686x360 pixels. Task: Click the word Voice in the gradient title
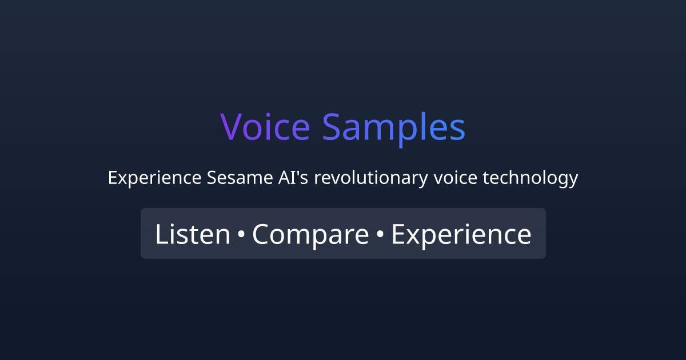265,127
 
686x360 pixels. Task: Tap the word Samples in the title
393,127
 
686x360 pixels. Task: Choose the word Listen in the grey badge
192,234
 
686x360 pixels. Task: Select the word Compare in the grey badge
310,234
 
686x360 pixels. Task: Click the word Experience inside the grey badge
461,234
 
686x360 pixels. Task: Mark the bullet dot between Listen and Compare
241,235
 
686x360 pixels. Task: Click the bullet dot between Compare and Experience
380,235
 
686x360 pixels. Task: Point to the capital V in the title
232,127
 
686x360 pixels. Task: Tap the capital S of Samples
332,127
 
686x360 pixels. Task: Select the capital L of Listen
161,234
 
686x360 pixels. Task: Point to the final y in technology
573,180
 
